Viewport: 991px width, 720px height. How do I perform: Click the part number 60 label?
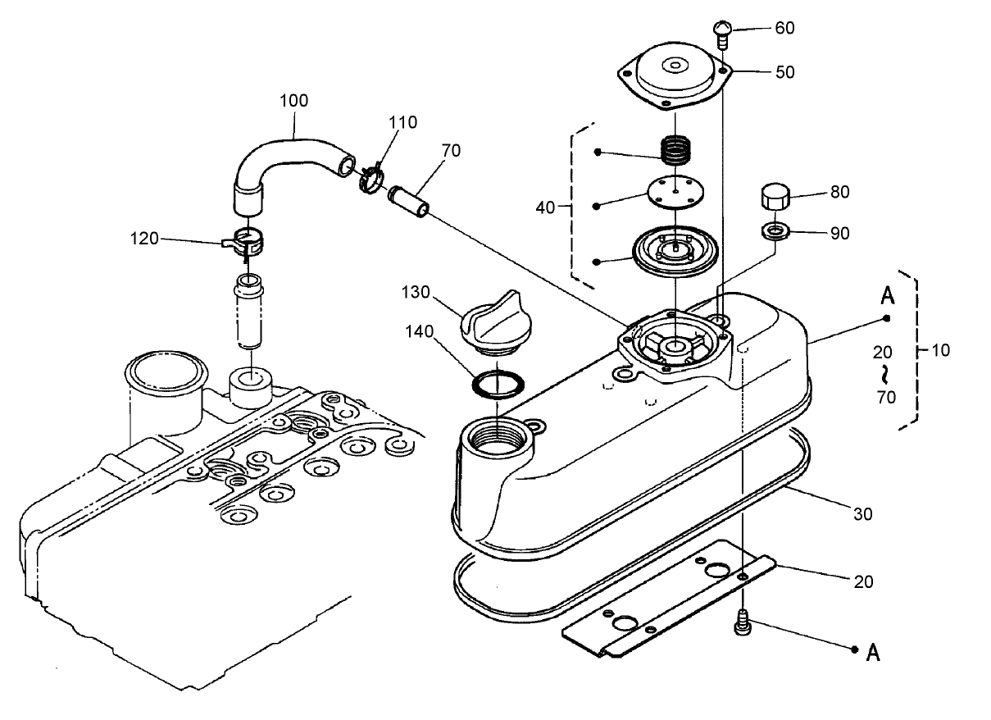(x=784, y=28)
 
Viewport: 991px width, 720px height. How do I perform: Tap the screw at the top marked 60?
(x=722, y=34)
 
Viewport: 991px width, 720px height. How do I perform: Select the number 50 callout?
(x=784, y=72)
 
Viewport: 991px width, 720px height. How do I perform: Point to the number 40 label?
(x=545, y=207)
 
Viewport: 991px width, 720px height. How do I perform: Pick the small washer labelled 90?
(x=775, y=231)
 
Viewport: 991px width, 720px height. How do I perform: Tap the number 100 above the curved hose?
(x=293, y=101)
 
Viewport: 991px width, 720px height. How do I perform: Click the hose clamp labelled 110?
(x=370, y=178)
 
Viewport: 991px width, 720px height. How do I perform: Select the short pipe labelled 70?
(x=409, y=202)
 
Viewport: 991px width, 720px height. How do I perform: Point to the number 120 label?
(x=144, y=239)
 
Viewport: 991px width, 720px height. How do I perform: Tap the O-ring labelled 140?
(x=498, y=383)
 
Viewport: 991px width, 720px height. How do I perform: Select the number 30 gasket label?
(x=862, y=514)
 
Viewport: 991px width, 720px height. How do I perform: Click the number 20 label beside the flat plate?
(x=863, y=582)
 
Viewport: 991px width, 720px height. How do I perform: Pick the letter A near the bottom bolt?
(x=873, y=653)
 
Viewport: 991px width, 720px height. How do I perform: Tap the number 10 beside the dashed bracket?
(x=940, y=350)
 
